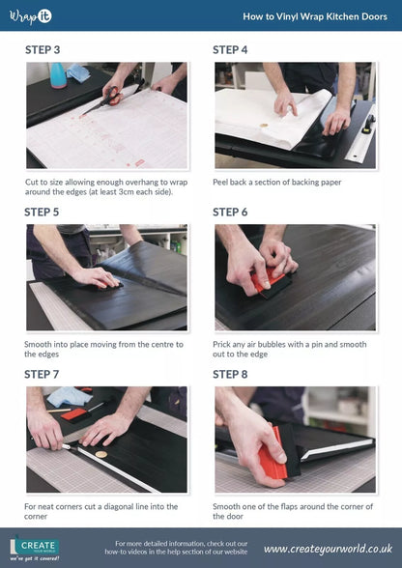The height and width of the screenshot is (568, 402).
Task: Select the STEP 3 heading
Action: [43, 50]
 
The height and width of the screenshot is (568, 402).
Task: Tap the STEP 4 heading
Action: [231, 50]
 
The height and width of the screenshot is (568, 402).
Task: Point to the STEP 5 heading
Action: [43, 213]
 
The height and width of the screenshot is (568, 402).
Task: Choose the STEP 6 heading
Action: [231, 213]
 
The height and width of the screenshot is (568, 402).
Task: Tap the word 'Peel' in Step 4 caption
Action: [221, 182]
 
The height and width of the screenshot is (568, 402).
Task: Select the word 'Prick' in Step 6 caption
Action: [222, 344]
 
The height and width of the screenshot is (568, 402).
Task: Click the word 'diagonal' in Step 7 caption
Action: [117, 506]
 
